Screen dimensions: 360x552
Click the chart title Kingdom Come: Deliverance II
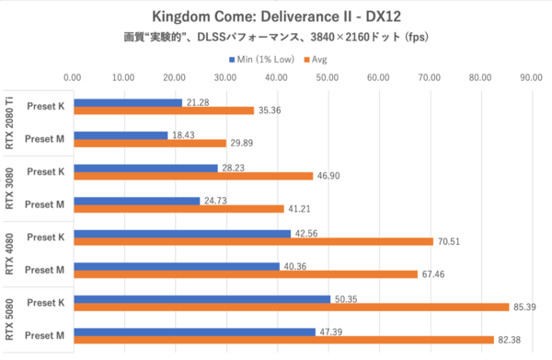click(276, 17)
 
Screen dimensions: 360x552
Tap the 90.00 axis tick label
click(529, 78)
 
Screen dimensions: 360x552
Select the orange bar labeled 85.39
click(290, 307)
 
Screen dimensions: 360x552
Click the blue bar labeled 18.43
click(120, 134)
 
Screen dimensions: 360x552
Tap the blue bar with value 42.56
click(181, 234)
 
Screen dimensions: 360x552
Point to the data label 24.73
click(213, 201)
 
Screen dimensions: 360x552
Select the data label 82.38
click(508, 341)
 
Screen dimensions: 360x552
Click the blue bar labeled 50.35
click(201, 298)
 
